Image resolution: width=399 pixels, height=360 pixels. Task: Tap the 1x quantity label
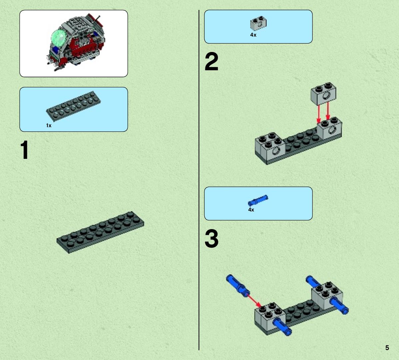tap(49, 126)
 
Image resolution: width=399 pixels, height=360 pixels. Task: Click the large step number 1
tap(24, 150)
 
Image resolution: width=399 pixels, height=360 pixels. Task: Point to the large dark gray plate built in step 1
tap(100, 232)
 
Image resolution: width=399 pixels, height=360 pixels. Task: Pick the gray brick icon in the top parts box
tap(258, 23)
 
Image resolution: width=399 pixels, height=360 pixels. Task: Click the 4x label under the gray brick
tap(253, 35)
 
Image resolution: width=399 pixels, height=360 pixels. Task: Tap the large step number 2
tap(211, 61)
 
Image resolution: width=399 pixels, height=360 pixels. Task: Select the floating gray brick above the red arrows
tap(323, 94)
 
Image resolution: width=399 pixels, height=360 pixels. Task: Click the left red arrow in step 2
tap(318, 114)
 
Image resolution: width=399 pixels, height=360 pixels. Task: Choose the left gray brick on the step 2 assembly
tap(270, 145)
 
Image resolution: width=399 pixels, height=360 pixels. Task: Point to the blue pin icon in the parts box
tap(258, 200)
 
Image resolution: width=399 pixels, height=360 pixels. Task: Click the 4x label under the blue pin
tap(251, 210)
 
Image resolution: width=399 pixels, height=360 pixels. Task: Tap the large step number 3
tap(211, 239)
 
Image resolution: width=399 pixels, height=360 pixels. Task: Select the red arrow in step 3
tap(254, 301)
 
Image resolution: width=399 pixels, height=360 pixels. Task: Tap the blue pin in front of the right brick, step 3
tap(339, 305)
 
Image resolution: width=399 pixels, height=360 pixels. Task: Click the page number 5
tap(387, 348)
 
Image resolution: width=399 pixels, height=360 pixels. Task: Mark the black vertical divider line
tap(199, 180)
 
